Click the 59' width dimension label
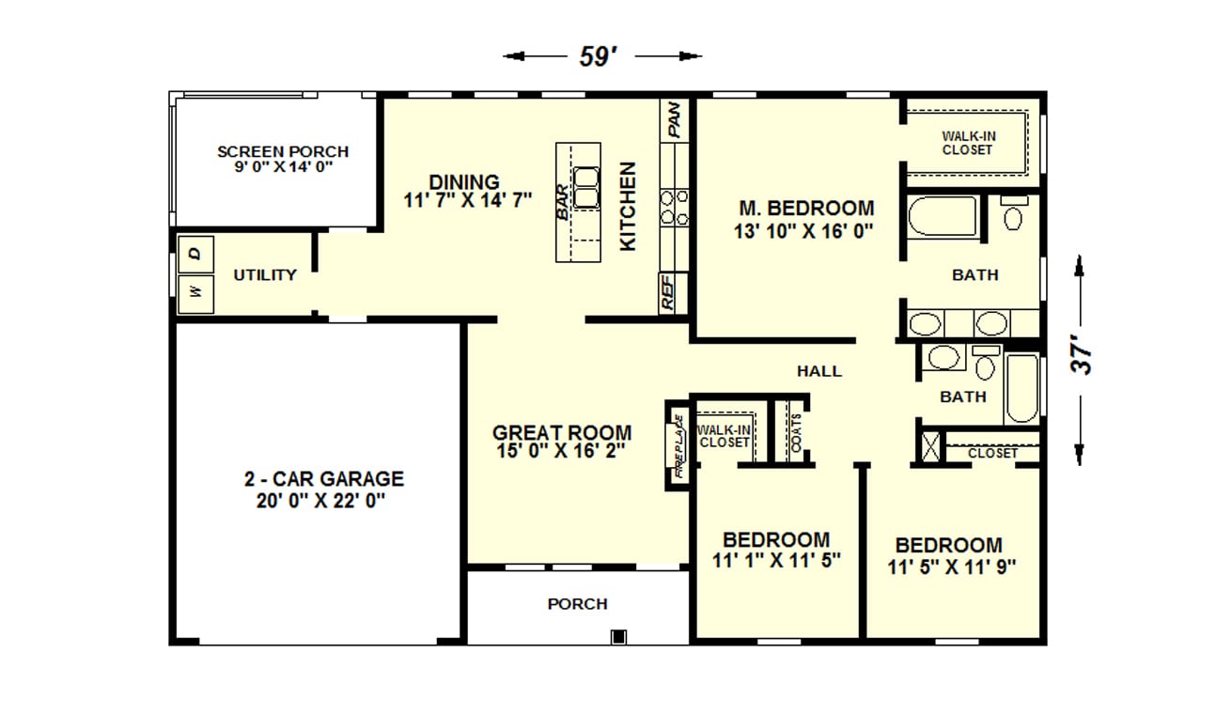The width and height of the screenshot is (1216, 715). coord(599,56)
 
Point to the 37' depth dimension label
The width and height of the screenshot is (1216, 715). coord(1081,358)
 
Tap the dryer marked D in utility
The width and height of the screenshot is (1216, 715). coord(195,254)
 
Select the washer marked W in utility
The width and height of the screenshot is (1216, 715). coord(195,294)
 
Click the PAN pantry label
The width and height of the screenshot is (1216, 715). coord(674,120)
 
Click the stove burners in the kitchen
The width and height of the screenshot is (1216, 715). coord(674,207)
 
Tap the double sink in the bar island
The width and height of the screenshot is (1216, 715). coord(586,188)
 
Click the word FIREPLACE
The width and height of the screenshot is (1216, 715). coord(678,446)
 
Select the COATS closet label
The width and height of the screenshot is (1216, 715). coord(796,433)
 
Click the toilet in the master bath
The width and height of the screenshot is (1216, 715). coord(1014,213)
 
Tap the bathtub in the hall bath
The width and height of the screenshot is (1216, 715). coord(1022,388)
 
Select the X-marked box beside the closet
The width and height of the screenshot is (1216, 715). coord(930,447)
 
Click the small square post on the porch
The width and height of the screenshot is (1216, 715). coord(618,636)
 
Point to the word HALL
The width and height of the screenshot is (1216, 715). coord(819,371)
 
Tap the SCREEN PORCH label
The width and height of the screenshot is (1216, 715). coord(283,151)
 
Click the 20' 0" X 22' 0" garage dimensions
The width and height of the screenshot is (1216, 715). coord(320,501)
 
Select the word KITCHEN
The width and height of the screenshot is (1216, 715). coord(628,207)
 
